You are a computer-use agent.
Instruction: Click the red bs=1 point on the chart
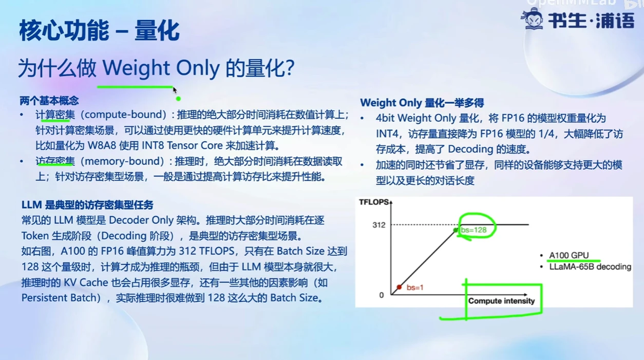[399, 287]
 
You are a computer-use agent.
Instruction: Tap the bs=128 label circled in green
[474, 230]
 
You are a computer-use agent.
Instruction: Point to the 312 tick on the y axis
[379, 225]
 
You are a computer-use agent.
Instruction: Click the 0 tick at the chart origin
[381, 295]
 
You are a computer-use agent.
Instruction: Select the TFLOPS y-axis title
[374, 202]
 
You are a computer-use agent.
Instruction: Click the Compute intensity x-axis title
[501, 301]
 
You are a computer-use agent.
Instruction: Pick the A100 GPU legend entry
[569, 255]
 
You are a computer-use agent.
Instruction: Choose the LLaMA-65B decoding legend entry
[590, 266]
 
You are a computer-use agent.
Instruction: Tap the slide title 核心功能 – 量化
[99, 31]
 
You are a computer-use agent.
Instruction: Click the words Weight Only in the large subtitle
[160, 68]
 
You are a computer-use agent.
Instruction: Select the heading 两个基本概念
[49, 101]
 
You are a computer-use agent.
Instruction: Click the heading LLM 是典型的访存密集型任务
[88, 205]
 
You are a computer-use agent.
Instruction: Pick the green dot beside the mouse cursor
[178, 98]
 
